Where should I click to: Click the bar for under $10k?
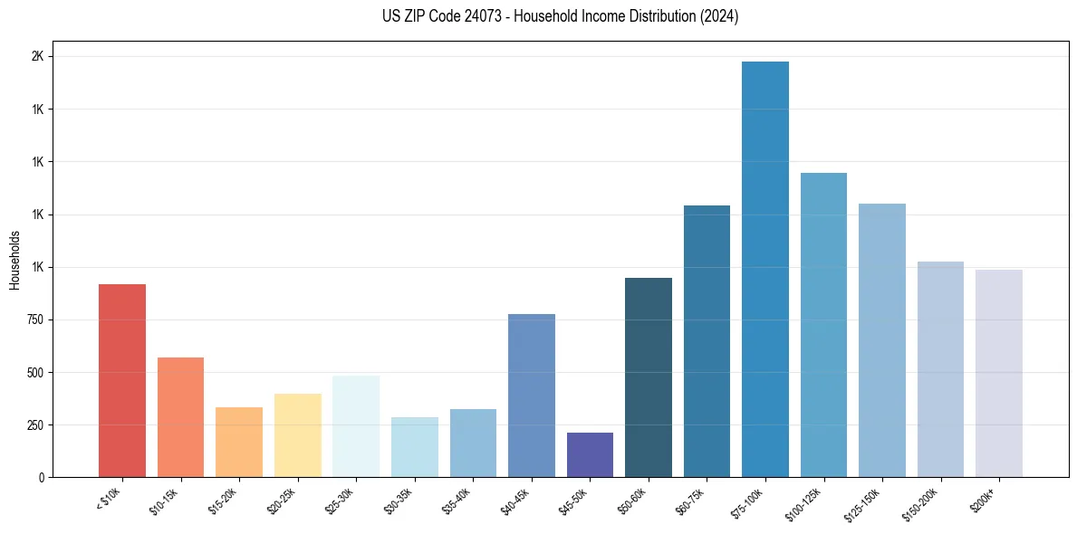pyautogui.click(x=122, y=380)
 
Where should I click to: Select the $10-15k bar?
pyautogui.click(x=180, y=417)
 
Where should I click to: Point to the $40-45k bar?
pyautogui.click(x=531, y=396)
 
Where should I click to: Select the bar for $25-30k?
pyautogui.click(x=356, y=426)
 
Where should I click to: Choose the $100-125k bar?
pyautogui.click(x=823, y=325)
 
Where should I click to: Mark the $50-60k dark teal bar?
pyautogui.click(x=648, y=377)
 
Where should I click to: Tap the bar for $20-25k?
pyautogui.click(x=297, y=435)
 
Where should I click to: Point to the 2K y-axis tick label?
pyautogui.click(x=38, y=57)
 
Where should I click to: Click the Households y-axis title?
pyautogui.click(x=14, y=260)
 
